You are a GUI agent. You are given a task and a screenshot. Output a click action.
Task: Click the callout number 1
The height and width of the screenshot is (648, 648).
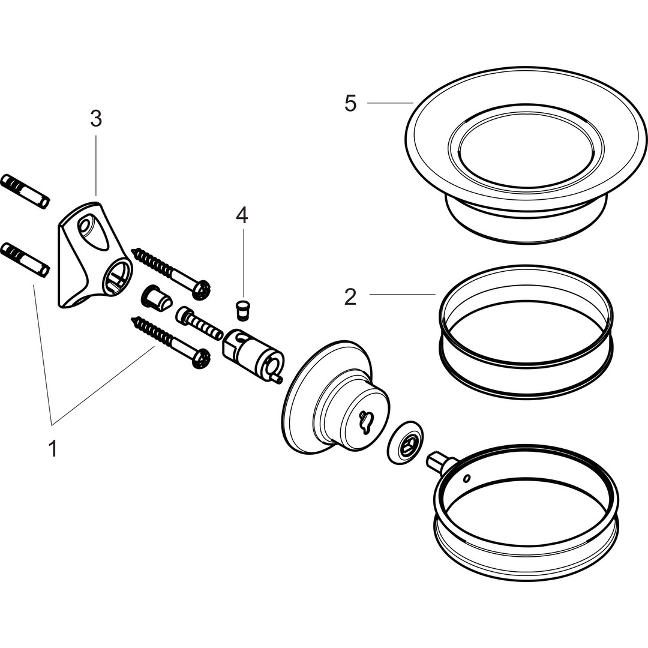(53, 448)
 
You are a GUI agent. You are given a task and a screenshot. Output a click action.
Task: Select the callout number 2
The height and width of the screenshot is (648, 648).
(350, 296)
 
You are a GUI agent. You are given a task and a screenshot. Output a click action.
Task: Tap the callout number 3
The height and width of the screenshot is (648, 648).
(96, 119)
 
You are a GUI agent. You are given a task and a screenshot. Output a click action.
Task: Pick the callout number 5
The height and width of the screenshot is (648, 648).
(350, 104)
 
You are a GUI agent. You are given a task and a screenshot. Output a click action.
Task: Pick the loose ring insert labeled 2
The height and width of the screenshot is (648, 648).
(527, 330)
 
